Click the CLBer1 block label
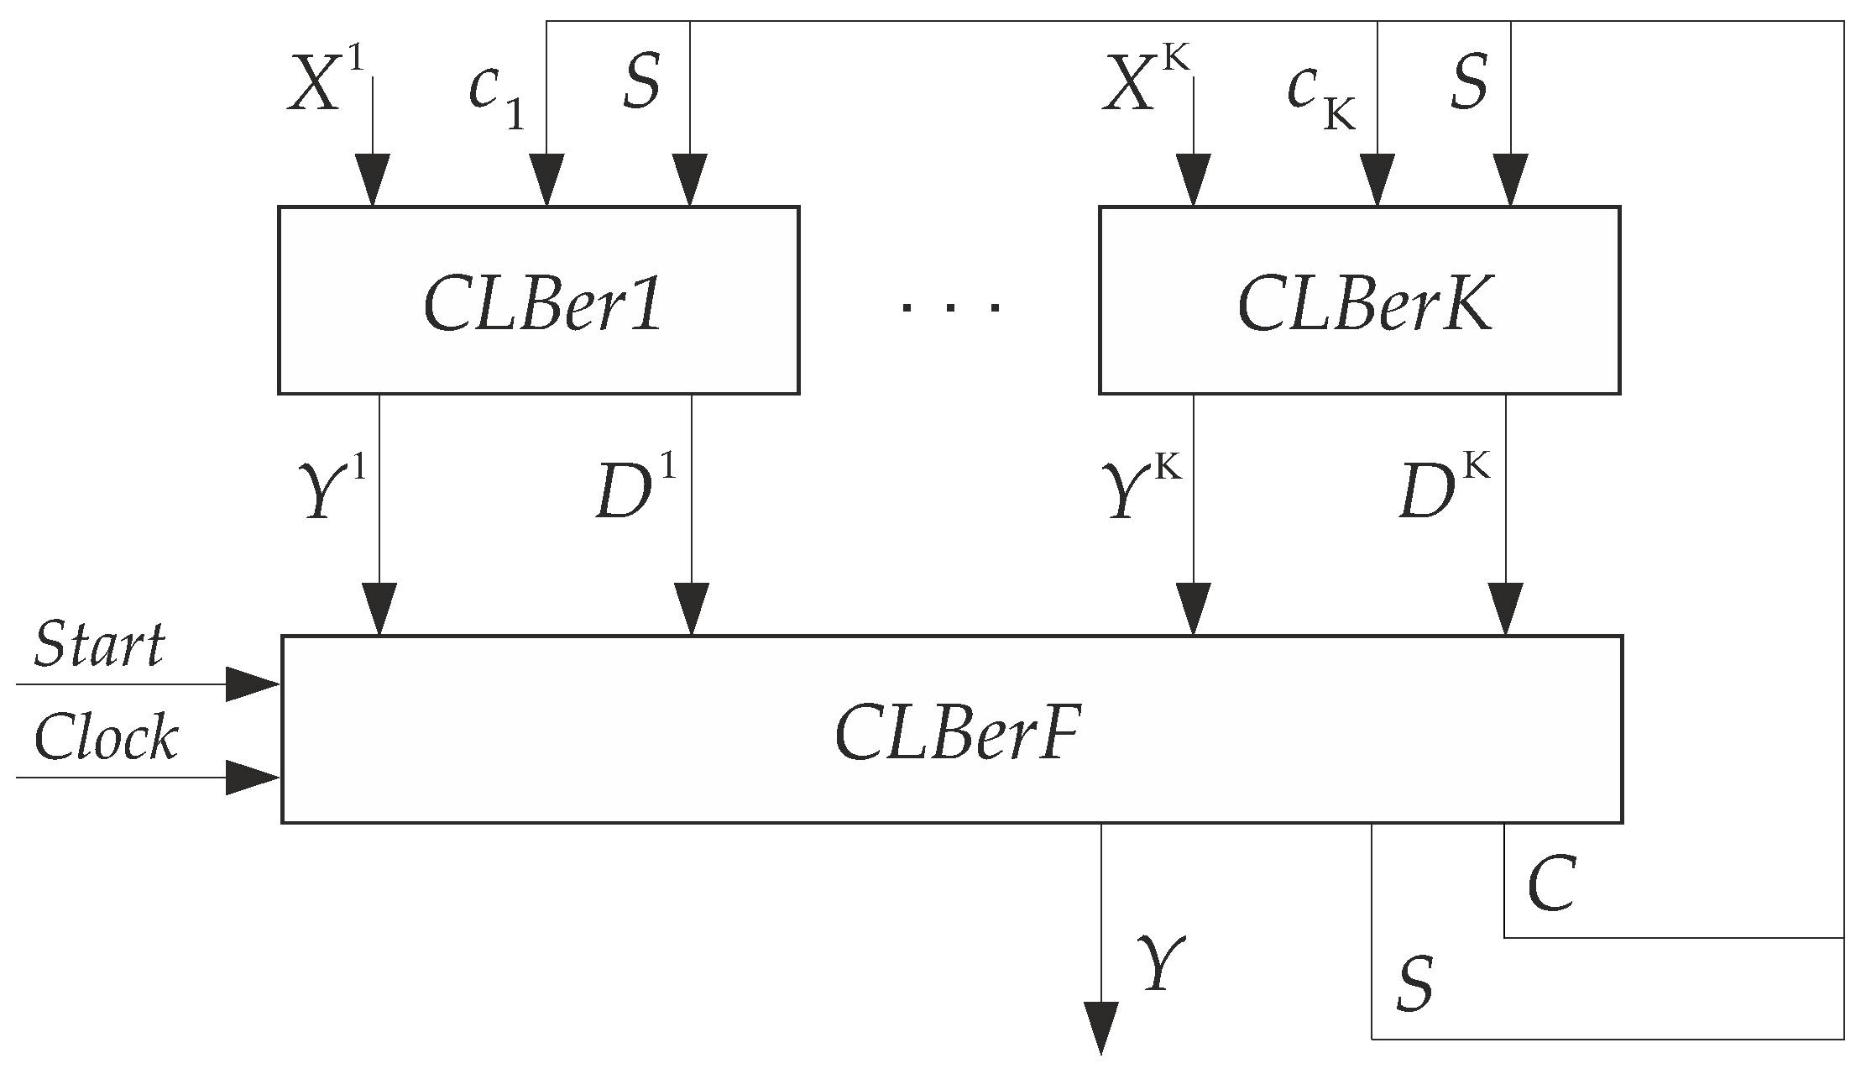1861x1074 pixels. pos(542,305)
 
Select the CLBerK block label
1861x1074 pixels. pos(1364,305)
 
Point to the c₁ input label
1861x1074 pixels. pos(495,94)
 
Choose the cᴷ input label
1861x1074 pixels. pos(1320,94)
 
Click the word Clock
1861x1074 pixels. pos(106,737)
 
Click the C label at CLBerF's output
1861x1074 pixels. pos(1550,886)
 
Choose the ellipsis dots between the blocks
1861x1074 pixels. pos(949,307)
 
